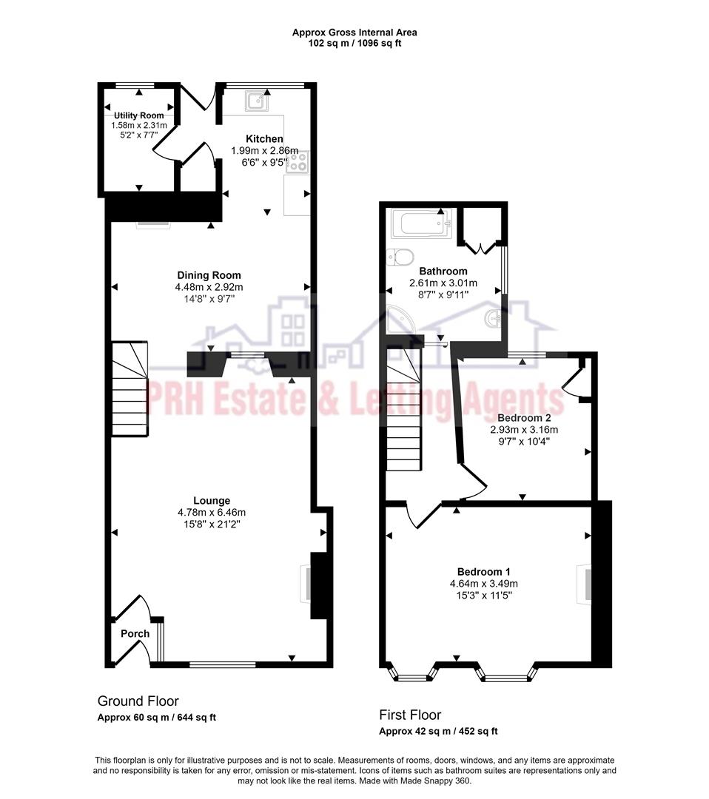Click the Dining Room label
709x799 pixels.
click(x=209, y=275)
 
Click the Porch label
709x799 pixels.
click(x=135, y=633)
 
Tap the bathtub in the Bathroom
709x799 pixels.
click(x=420, y=224)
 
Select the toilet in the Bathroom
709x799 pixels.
click(x=400, y=257)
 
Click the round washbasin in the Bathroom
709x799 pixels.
click(x=492, y=320)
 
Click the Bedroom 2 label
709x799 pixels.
click(x=523, y=417)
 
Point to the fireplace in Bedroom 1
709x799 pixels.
click(x=585, y=586)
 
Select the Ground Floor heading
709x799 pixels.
click(x=138, y=701)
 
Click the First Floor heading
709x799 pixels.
click(x=410, y=715)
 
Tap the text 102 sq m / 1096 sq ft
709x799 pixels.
click(x=354, y=44)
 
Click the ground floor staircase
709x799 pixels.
click(x=130, y=390)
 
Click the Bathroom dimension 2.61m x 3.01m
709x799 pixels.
click(x=443, y=283)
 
